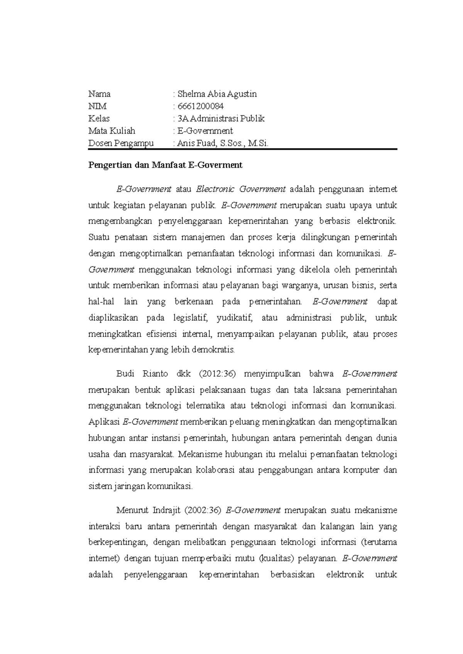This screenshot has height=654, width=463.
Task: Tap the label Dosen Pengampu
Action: [121, 143]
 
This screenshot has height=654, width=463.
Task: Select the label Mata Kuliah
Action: [112, 131]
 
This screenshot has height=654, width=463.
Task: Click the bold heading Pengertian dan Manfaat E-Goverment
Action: [165, 165]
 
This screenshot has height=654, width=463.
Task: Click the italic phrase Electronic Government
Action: [241, 189]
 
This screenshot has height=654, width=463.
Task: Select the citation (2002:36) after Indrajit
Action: [203, 510]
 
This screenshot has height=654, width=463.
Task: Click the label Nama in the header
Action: [100, 94]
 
